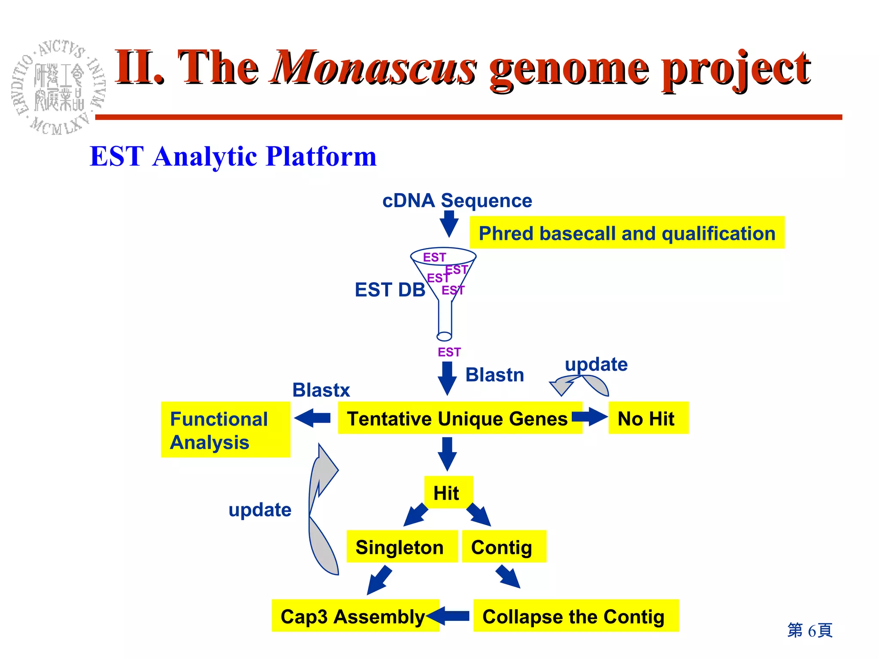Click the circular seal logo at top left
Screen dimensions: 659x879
pos(58,87)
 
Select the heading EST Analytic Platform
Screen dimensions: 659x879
pos(233,156)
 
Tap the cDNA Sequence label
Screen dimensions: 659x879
pos(457,200)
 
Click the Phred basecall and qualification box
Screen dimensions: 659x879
pos(627,233)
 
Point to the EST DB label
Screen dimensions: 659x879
pos(390,290)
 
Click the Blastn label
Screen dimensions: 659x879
pos(494,375)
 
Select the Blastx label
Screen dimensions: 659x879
pos(321,390)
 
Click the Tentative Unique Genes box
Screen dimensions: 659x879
pos(457,418)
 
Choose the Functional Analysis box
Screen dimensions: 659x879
pos(225,430)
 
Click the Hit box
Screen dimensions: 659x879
pos(448,493)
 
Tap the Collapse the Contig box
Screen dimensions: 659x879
pos(575,616)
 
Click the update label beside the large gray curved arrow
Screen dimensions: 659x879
pos(260,510)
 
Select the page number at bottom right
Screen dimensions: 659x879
pos(810,630)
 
